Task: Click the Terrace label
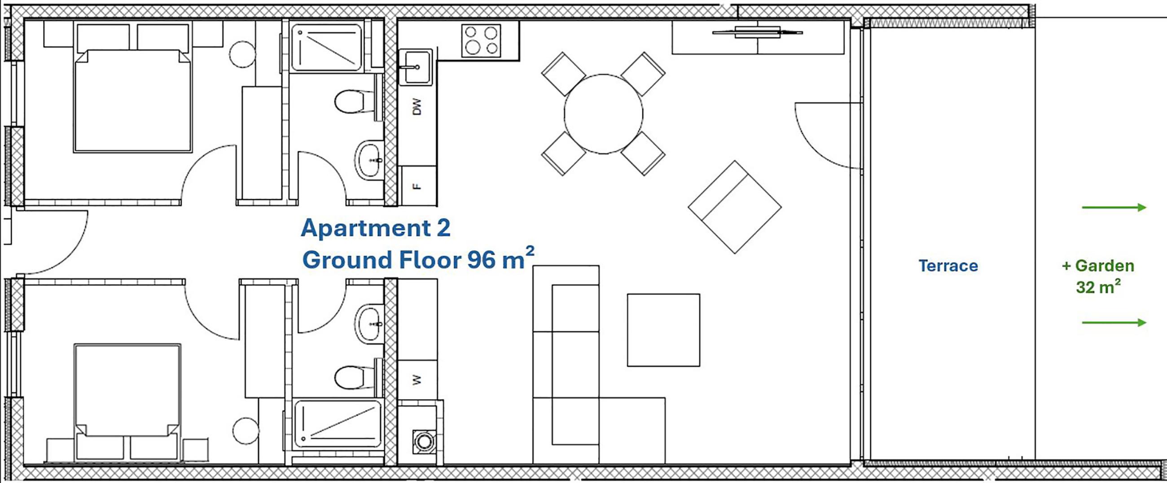(x=948, y=266)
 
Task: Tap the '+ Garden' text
(x=1098, y=266)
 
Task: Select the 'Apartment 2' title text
(x=376, y=228)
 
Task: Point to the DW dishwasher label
(x=417, y=107)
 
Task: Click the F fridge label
(x=417, y=186)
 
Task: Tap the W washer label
(x=417, y=379)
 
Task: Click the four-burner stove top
(x=481, y=41)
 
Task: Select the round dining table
(x=603, y=114)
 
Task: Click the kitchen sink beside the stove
(x=416, y=67)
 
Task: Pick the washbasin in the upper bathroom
(x=368, y=160)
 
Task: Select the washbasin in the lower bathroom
(x=368, y=324)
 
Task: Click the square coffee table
(x=664, y=330)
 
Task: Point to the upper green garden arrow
(x=1114, y=208)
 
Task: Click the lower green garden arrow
(x=1114, y=323)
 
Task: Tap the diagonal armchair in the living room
(x=735, y=207)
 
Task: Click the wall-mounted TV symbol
(x=758, y=32)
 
